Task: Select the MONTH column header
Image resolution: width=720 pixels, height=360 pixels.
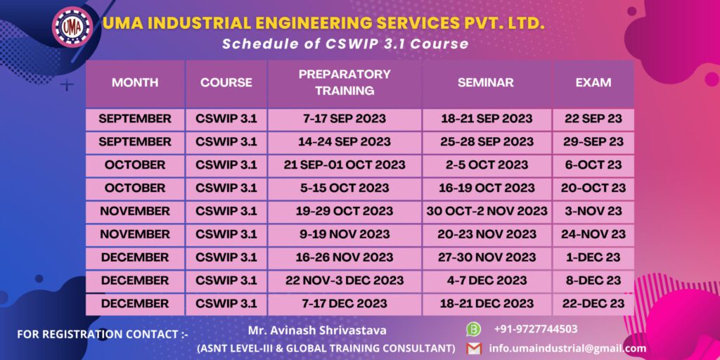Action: coord(135,82)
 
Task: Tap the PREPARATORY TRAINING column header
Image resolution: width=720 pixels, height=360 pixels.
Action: coord(344,82)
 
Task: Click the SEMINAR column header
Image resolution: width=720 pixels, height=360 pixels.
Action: coord(486,82)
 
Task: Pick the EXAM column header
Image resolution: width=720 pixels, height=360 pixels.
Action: coord(593,82)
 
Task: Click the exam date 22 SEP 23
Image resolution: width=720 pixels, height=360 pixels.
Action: coord(593,119)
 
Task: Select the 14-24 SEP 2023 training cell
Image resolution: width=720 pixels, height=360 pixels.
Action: coord(344,141)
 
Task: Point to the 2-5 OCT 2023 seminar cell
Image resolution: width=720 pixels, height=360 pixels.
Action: coord(486,165)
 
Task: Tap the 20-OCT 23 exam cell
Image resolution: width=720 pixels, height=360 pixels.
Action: coord(593,188)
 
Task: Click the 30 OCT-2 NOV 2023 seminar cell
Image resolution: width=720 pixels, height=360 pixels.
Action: coord(486,211)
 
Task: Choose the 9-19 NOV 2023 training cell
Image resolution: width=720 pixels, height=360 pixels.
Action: coord(344,234)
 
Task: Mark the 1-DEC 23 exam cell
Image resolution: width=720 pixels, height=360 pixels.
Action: coord(593,257)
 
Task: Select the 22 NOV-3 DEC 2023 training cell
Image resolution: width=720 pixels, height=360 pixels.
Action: coord(344,281)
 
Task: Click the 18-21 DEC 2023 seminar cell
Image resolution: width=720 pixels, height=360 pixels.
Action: coord(486,304)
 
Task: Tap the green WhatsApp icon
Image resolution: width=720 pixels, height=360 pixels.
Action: coord(474,329)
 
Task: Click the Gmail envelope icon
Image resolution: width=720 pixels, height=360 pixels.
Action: coord(474,348)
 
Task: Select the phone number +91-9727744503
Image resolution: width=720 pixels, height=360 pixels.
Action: coord(536,329)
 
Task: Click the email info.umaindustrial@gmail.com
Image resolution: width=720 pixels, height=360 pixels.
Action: coord(567,348)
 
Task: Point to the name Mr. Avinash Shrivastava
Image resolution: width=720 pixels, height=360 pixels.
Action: coord(316,329)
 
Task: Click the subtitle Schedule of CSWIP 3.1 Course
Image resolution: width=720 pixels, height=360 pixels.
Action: coord(345,44)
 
